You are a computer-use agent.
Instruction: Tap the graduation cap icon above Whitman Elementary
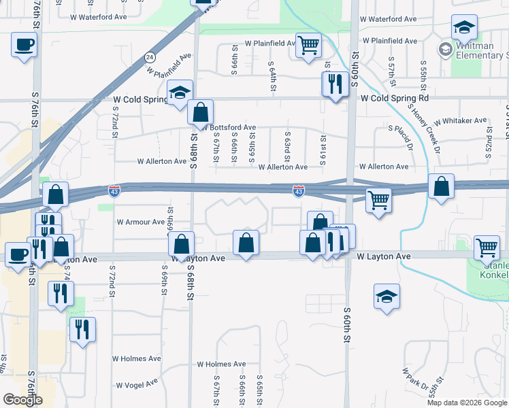464,27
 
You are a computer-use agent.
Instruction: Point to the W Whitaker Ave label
460,120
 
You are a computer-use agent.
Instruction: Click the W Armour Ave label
141,222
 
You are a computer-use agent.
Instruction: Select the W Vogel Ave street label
138,385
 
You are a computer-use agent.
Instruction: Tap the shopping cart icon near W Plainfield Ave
309,46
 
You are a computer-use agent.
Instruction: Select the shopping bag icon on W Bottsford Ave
201,113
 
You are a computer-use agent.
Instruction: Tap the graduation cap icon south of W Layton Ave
387,296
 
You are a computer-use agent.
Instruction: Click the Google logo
22,399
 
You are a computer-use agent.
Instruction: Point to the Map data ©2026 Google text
466,403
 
